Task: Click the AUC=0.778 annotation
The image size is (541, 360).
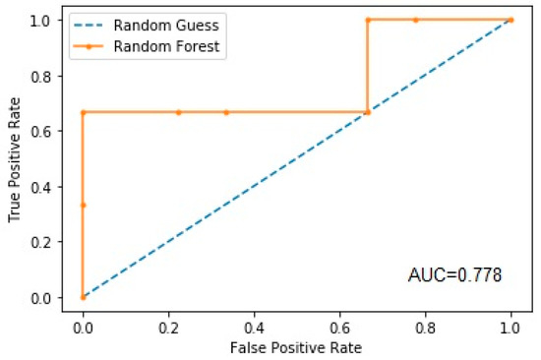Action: point(455,275)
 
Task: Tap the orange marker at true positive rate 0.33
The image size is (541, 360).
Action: point(83,205)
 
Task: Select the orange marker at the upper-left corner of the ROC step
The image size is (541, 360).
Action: point(83,112)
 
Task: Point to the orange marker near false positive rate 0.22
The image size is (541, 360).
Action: point(178,112)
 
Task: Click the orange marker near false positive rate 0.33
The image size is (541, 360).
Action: point(225,112)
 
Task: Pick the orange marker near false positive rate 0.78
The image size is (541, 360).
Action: point(415,20)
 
